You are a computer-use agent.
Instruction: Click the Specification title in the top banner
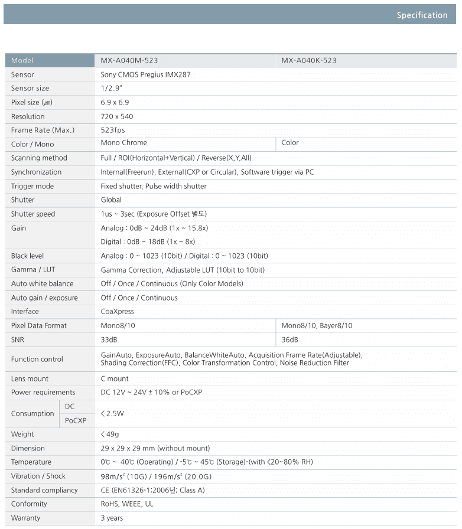(x=422, y=15)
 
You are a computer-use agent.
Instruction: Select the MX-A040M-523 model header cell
(x=129, y=61)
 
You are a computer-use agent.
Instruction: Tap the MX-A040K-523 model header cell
(x=309, y=61)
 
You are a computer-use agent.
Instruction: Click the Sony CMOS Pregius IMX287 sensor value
(x=146, y=75)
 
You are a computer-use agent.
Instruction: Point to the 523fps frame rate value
(x=113, y=130)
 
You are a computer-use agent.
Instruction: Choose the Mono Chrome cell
(x=124, y=143)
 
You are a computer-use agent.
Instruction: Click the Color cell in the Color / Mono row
(x=290, y=143)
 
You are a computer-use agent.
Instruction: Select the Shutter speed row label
(x=33, y=214)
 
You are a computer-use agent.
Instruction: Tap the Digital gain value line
(x=148, y=241)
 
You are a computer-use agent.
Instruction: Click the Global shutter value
(x=111, y=200)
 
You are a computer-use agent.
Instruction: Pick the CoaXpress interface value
(x=118, y=312)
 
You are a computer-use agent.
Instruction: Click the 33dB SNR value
(x=109, y=340)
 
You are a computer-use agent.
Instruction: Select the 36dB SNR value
(x=290, y=340)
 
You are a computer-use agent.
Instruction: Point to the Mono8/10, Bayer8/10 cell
(x=317, y=326)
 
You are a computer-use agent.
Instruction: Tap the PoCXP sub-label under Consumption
(x=76, y=420)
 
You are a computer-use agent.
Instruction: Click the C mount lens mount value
(x=115, y=379)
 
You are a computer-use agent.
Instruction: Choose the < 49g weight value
(x=112, y=435)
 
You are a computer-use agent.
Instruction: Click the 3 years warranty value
(x=112, y=518)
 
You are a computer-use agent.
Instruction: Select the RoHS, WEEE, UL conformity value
(x=127, y=504)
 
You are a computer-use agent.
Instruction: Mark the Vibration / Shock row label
(x=38, y=476)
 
